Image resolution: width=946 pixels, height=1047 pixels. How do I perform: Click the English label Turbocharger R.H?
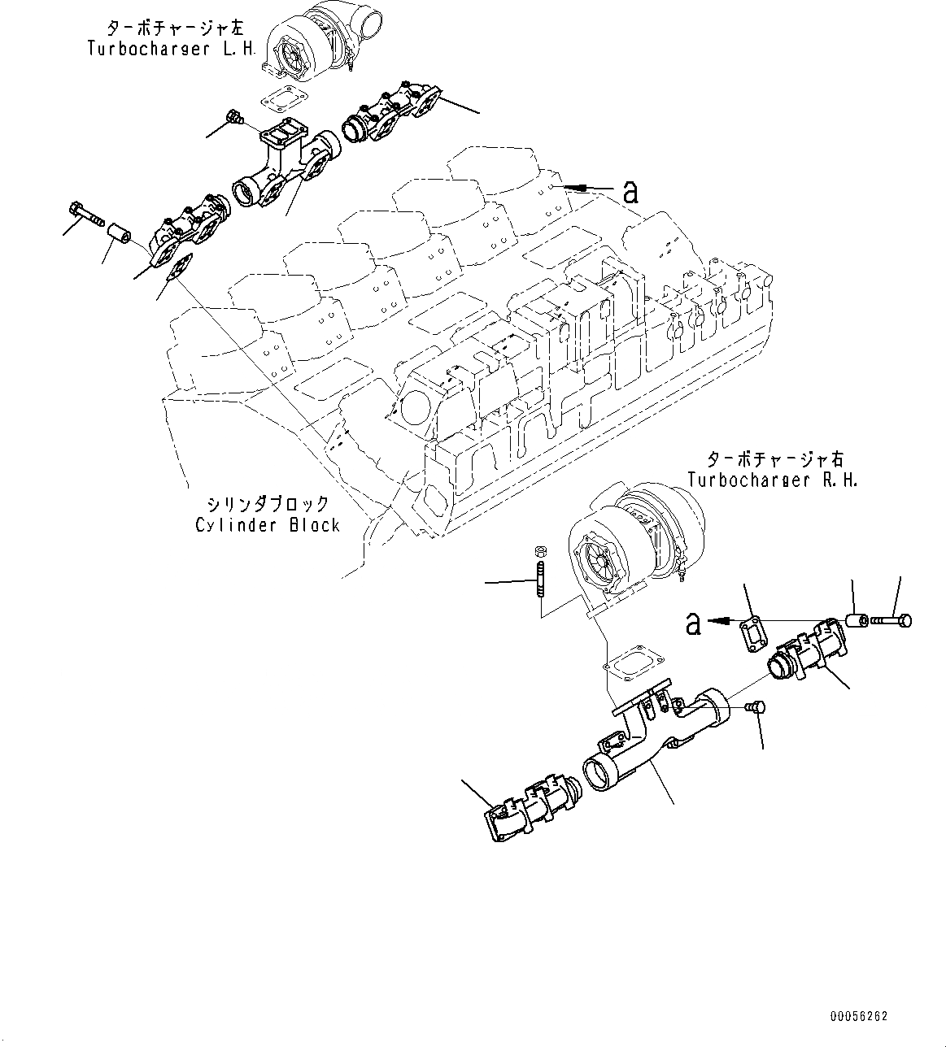coord(772,480)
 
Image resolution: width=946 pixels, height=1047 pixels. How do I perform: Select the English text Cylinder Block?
coord(268,525)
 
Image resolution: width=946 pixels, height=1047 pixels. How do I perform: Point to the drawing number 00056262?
coord(859,1017)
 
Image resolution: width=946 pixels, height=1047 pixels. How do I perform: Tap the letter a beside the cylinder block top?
coord(630,192)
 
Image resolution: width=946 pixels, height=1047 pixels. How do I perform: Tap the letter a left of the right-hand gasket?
coord(692,623)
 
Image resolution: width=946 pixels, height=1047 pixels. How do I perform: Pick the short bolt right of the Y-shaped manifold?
coord(754,709)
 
